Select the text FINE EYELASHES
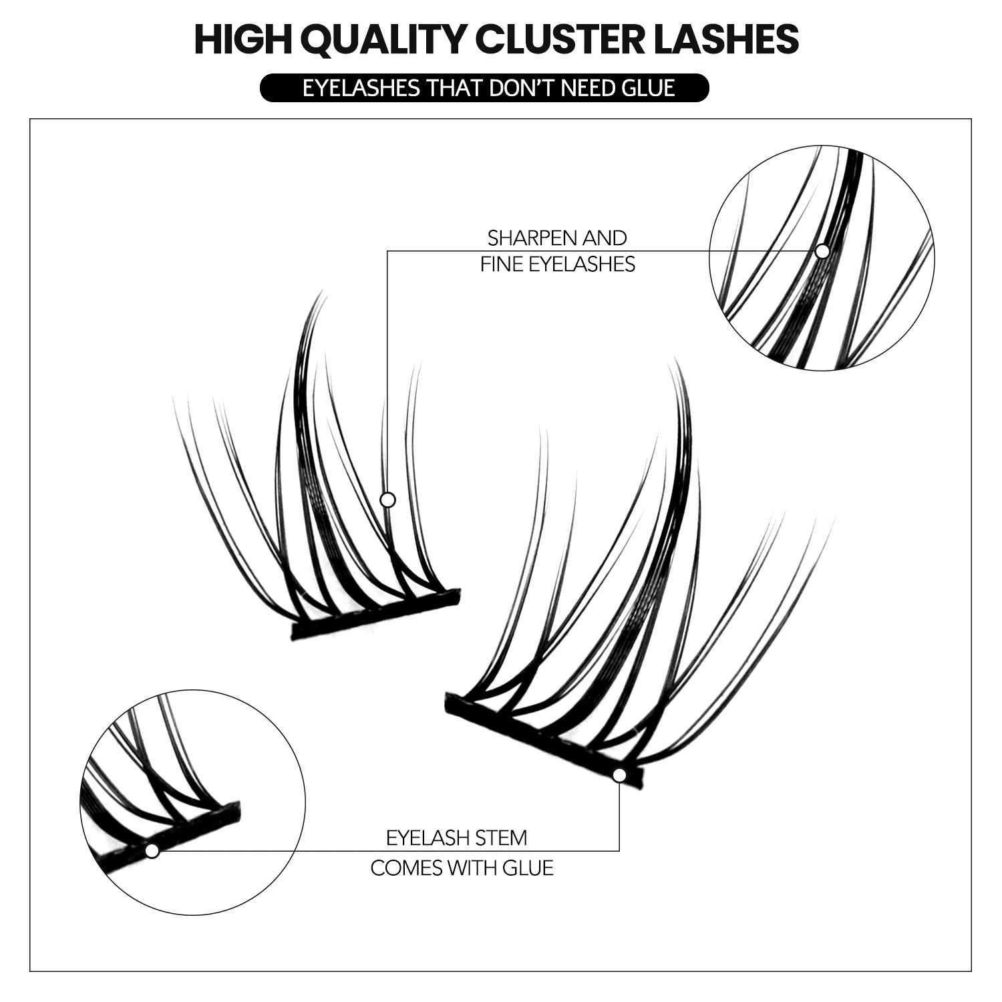coord(557,264)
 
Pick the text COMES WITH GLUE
coord(462,868)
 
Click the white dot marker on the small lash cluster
coord(387,500)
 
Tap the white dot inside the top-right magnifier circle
coord(822,251)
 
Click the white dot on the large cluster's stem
coord(619,775)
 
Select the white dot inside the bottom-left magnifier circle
coord(152,850)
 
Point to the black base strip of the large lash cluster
coord(534,735)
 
